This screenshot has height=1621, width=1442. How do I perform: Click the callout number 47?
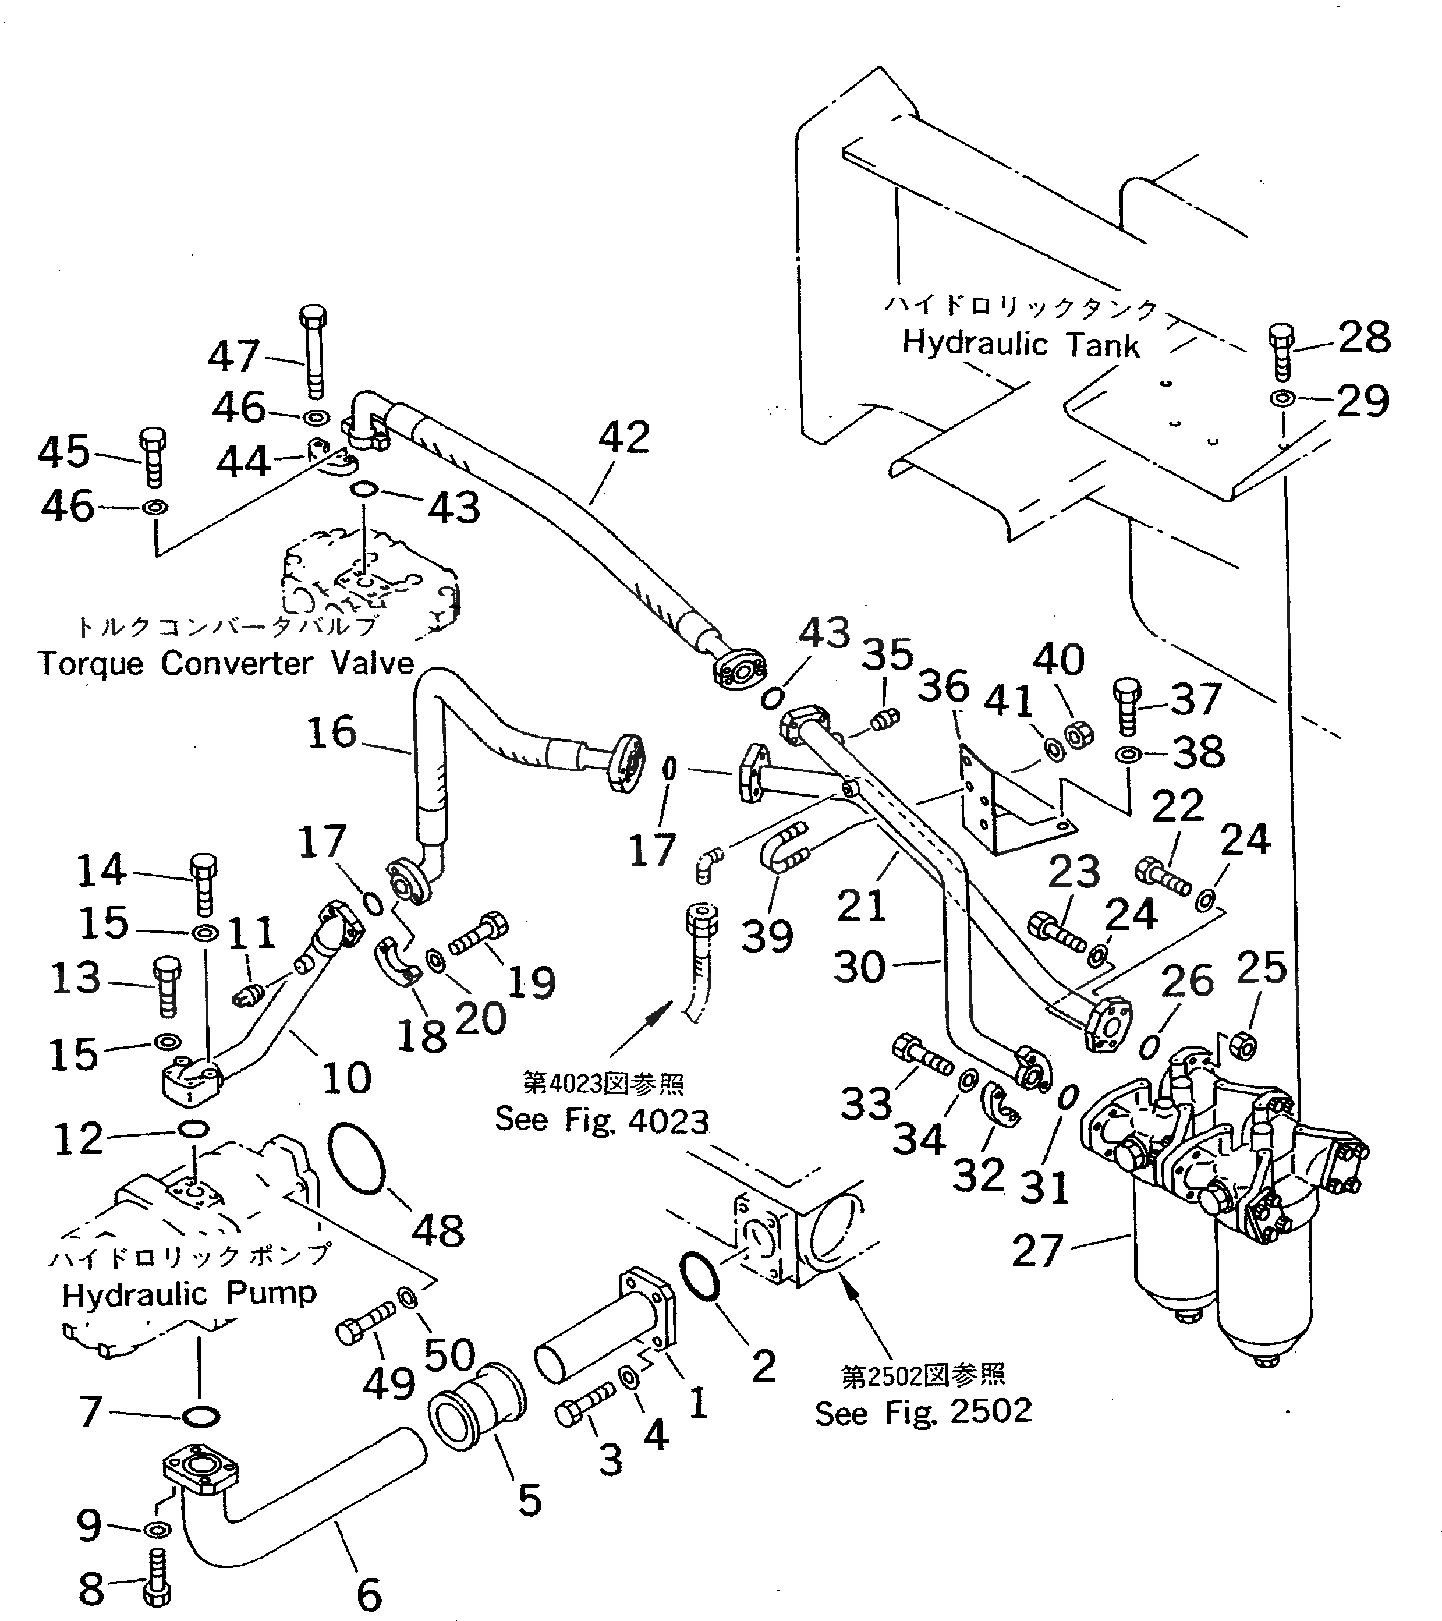[234, 356]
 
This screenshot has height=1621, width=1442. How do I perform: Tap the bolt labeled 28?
[1280, 351]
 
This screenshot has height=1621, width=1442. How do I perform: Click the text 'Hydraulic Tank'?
[1021, 344]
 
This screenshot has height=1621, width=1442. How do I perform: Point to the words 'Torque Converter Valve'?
[226, 663]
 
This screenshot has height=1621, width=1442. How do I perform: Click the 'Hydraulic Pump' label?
[189, 1294]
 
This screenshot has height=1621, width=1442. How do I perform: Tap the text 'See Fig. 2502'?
[923, 1411]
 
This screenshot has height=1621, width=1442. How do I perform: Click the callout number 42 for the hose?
[624, 437]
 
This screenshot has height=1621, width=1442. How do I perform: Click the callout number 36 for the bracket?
[943, 686]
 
